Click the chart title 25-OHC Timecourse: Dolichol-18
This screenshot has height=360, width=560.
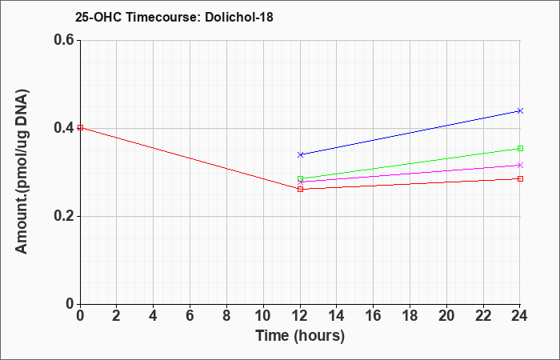[x=174, y=17]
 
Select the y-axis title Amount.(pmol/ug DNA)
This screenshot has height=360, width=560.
[x=22, y=171]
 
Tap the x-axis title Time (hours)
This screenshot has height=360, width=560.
[x=300, y=336]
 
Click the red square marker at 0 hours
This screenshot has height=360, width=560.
[x=80, y=127]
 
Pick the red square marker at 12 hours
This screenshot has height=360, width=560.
[x=300, y=189]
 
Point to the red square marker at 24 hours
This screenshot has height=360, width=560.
[x=520, y=178]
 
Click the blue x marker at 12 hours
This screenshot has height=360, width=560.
[x=300, y=154]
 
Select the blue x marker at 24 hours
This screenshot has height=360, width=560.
[x=520, y=110]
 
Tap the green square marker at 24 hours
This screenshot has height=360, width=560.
[x=520, y=148]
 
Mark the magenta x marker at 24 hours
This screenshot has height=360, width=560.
[x=520, y=165]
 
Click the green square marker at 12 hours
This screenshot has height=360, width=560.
[x=300, y=178]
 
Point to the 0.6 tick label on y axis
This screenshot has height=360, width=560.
[x=64, y=40]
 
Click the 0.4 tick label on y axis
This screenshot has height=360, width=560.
[x=64, y=128]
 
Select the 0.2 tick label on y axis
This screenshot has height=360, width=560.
[x=64, y=216]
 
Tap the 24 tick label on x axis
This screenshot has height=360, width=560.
[x=520, y=316]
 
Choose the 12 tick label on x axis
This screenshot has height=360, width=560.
[x=300, y=316]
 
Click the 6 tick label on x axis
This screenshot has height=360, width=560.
[x=190, y=316]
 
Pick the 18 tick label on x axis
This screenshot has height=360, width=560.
[x=410, y=316]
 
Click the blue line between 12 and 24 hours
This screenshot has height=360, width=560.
[x=410, y=133]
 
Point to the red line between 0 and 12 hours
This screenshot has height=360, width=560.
[x=190, y=158]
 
